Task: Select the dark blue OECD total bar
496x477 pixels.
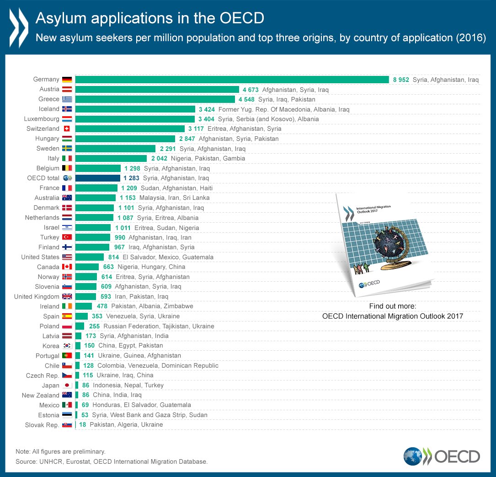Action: tap(97, 178)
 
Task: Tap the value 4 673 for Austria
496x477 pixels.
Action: tap(250, 90)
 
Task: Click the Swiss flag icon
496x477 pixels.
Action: tap(67, 129)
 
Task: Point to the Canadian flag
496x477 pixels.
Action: tap(67, 267)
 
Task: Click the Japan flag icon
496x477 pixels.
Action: tap(67, 386)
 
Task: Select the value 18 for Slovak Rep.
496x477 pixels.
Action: tap(83, 425)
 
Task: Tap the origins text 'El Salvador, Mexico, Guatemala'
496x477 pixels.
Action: tap(168, 257)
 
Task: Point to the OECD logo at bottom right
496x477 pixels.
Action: tap(442, 456)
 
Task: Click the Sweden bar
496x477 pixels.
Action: tap(115, 149)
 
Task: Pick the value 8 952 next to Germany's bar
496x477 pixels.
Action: tap(401, 80)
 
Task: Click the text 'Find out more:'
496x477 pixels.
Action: tap(392, 306)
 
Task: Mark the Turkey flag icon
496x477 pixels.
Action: tap(67, 237)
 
